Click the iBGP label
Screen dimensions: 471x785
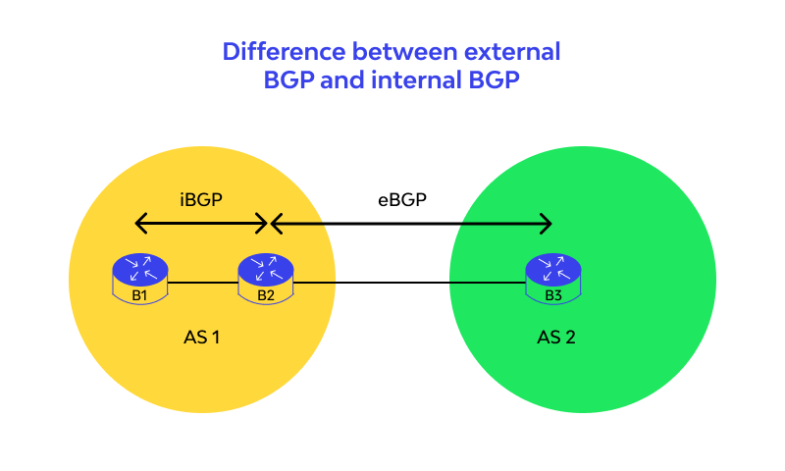point(200,199)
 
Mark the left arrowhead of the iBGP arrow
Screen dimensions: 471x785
point(138,225)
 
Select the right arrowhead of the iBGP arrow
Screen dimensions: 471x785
point(263,225)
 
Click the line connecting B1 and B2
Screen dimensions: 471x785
point(203,285)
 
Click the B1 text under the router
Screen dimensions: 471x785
point(139,294)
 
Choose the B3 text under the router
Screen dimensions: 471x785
point(552,294)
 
